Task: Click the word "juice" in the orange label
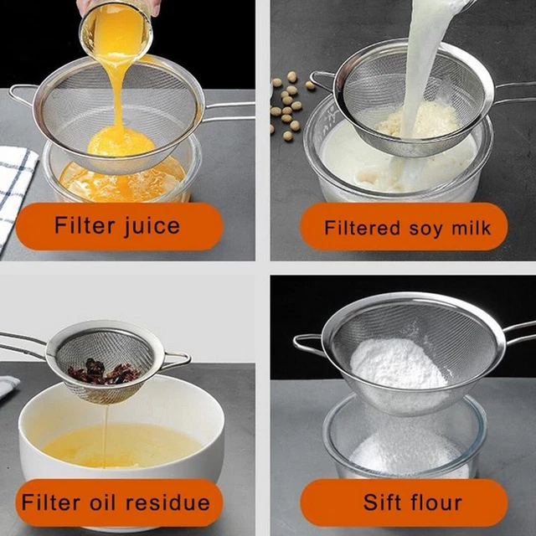(x=152, y=227)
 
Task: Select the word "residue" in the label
(x=167, y=502)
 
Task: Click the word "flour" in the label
(x=435, y=502)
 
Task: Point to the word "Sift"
(x=382, y=502)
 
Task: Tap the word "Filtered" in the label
(x=362, y=228)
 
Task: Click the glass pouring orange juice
(x=116, y=31)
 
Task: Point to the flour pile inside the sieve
(x=399, y=364)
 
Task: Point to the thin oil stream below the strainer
(x=106, y=434)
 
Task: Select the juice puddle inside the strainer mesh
(x=121, y=141)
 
